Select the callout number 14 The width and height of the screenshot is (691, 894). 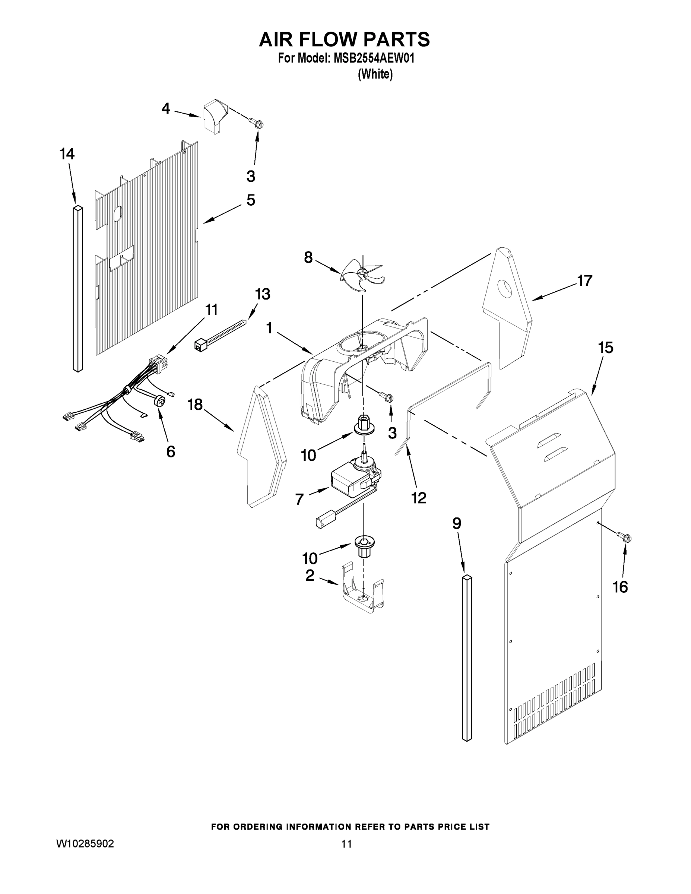pyautogui.click(x=67, y=154)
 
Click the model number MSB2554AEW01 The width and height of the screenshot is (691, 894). pyautogui.click(x=374, y=58)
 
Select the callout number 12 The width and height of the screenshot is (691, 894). pyautogui.click(x=418, y=498)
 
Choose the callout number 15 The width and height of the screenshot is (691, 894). pyautogui.click(x=605, y=348)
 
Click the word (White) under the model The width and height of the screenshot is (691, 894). pyautogui.click(x=375, y=74)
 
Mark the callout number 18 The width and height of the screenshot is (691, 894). pyautogui.click(x=195, y=405)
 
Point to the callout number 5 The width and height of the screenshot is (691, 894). pyautogui.click(x=251, y=200)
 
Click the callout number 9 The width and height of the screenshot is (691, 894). pyautogui.click(x=457, y=523)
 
